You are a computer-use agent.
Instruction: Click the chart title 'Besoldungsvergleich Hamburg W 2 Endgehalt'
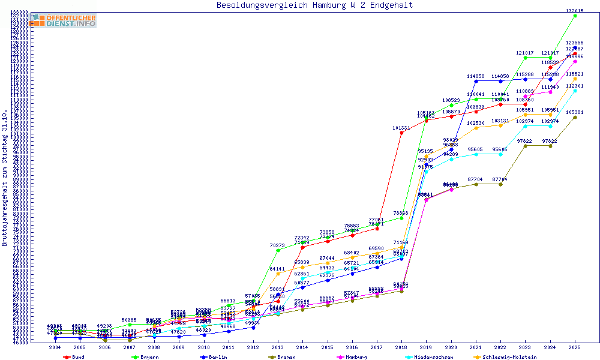(x=314, y=5)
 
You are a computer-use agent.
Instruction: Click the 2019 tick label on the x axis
(x=426, y=347)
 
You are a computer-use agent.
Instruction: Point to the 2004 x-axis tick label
(x=55, y=347)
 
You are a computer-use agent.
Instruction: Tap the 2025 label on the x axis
(x=575, y=347)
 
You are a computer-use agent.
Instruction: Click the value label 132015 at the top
(x=575, y=11)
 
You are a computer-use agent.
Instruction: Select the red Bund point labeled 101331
(x=401, y=133)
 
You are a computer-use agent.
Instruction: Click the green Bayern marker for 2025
(x=575, y=16)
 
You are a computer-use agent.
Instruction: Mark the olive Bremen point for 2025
(x=575, y=117)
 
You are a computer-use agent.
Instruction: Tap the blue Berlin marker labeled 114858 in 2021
(x=476, y=81)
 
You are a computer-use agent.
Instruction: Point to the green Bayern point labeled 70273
(x=278, y=250)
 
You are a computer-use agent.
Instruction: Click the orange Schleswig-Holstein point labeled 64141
(x=278, y=274)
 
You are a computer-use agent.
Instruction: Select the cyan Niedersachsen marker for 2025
(x=575, y=91)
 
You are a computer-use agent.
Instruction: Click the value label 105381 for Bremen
(x=575, y=112)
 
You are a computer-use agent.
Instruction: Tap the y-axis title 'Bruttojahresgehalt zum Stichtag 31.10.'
(x=5, y=179)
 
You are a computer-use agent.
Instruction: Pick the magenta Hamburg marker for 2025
(x=575, y=61)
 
